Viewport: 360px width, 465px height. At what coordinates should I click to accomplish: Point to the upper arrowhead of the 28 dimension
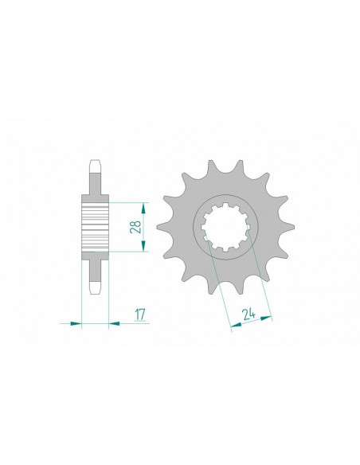point(145,203)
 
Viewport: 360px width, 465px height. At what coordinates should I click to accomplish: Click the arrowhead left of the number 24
point(234,325)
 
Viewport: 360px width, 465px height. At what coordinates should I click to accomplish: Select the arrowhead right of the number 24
point(268,317)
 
